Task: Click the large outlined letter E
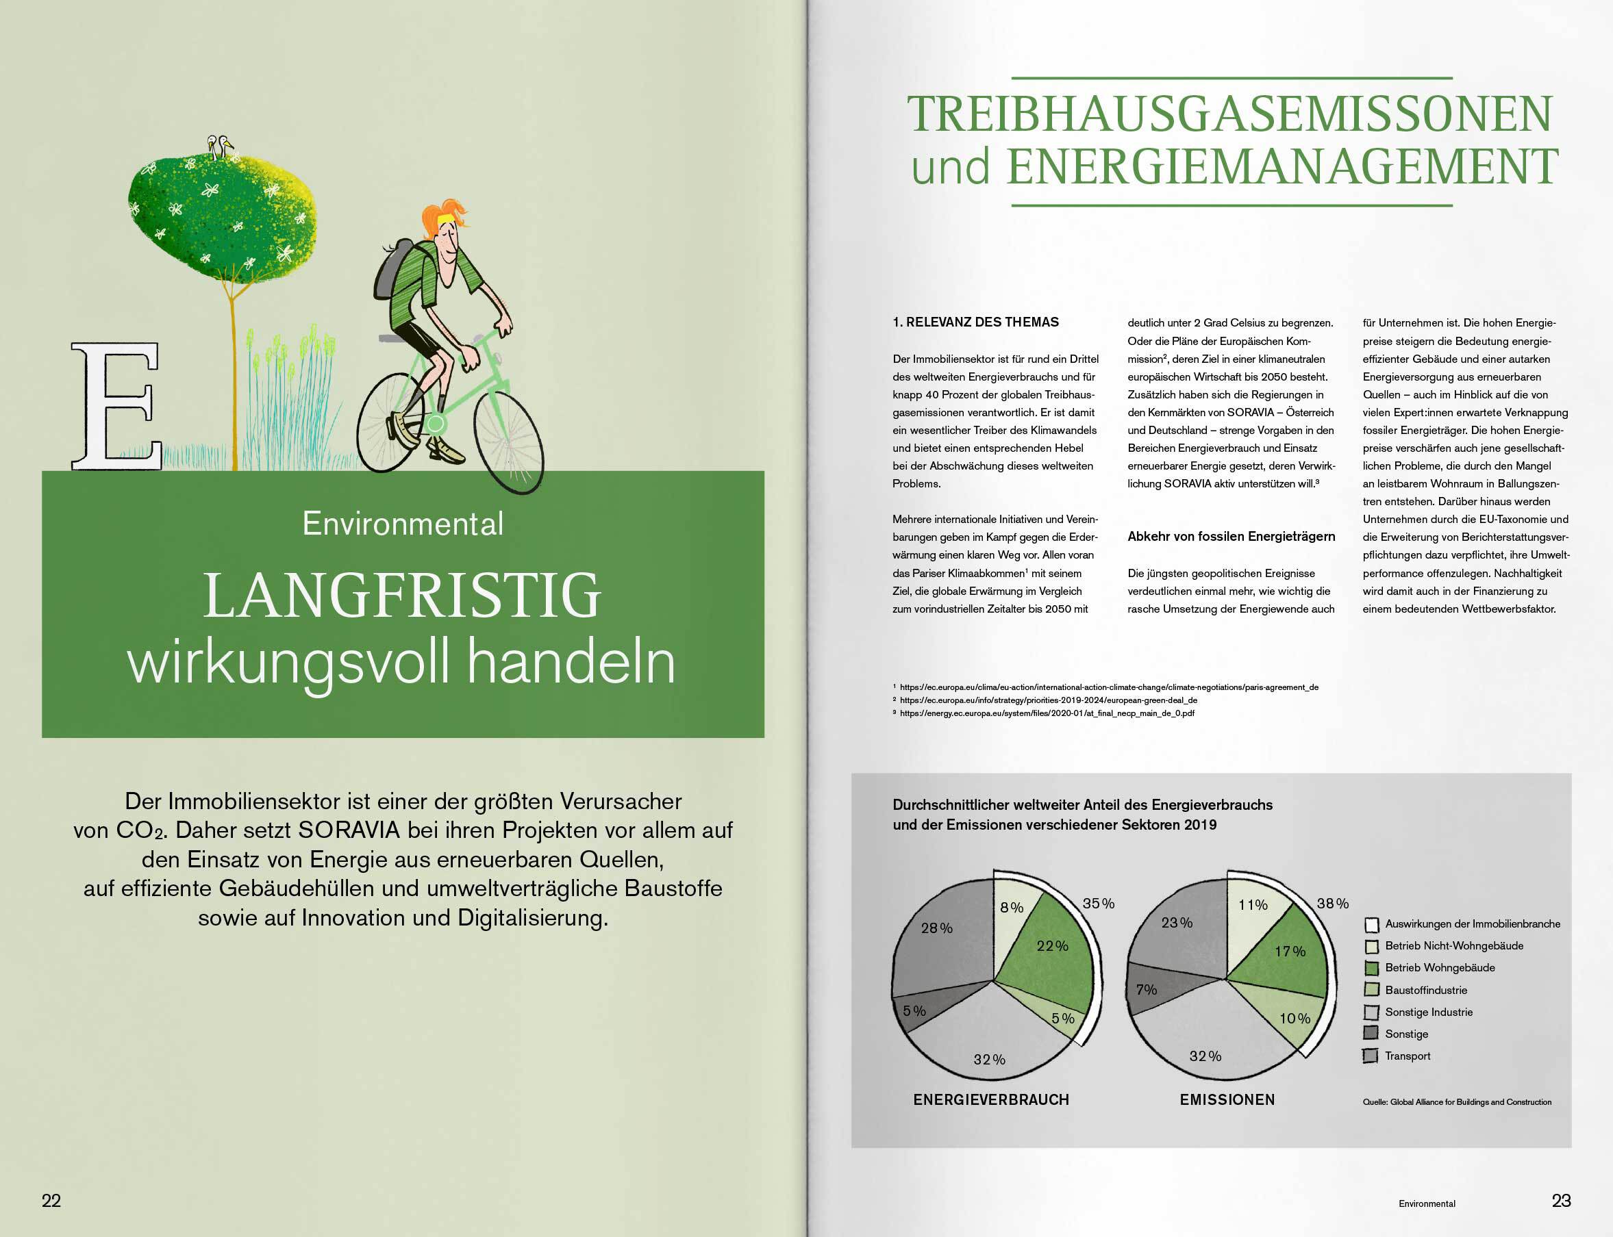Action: coord(116,407)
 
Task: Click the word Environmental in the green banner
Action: coord(403,524)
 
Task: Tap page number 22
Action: coord(51,1201)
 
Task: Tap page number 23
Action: coord(1561,1201)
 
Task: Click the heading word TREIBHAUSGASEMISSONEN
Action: coord(1230,114)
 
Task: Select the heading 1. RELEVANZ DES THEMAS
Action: coord(975,322)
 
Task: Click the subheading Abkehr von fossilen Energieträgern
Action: coord(1231,537)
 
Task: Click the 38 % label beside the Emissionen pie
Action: coord(1332,904)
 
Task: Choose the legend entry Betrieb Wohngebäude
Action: coord(1439,968)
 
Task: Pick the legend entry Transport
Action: coord(1407,1056)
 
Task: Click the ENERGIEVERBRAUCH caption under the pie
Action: coord(990,1100)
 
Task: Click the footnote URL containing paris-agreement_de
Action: coord(1108,688)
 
